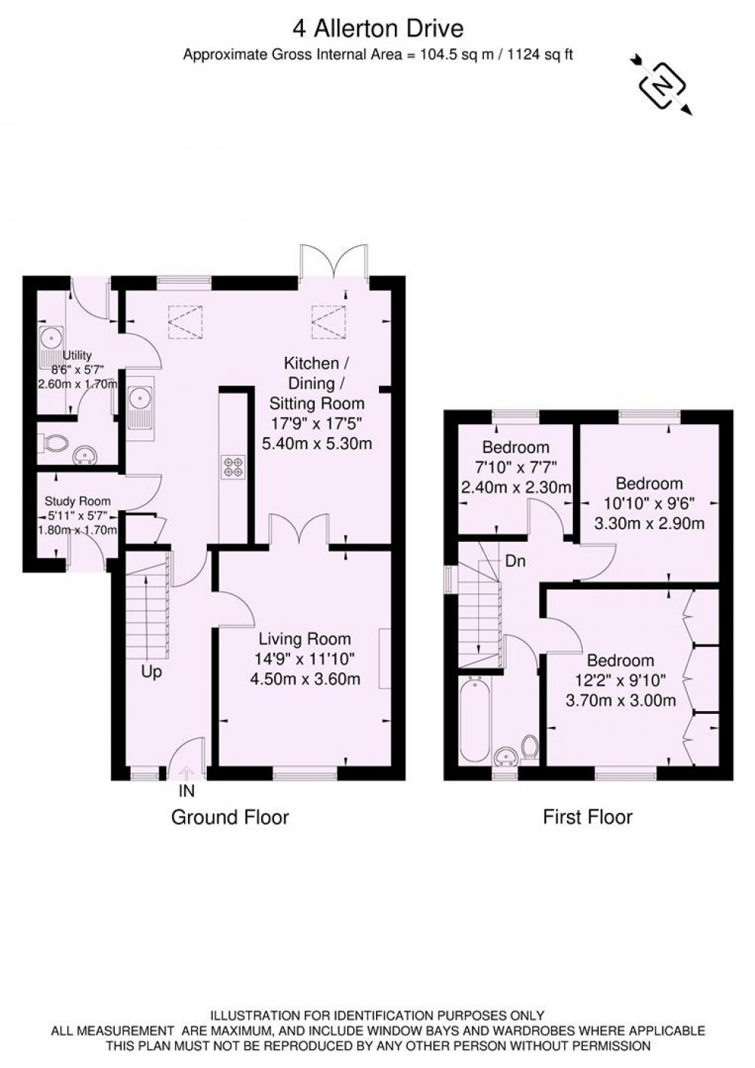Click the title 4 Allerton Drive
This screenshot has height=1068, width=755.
(x=377, y=29)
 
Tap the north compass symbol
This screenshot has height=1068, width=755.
(x=661, y=85)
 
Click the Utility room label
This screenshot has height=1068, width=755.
(x=77, y=355)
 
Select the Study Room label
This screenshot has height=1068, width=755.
(x=77, y=501)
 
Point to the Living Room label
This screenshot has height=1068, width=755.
(x=305, y=639)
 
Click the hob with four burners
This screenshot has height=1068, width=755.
(x=233, y=466)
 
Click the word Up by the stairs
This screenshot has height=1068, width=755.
(x=152, y=673)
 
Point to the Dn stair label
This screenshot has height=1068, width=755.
(x=516, y=562)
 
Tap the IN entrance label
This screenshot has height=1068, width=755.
(x=186, y=792)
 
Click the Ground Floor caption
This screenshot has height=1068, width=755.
(x=230, y=817)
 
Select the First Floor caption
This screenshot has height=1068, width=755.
(x=587, y=817)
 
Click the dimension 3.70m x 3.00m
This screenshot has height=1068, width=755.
(x=621, y=701)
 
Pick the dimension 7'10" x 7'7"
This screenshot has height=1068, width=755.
(x=516, y=467)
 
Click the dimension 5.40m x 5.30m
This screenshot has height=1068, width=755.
(x=316, y=443)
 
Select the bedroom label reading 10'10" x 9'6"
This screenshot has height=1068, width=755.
(x=649, y=503)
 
